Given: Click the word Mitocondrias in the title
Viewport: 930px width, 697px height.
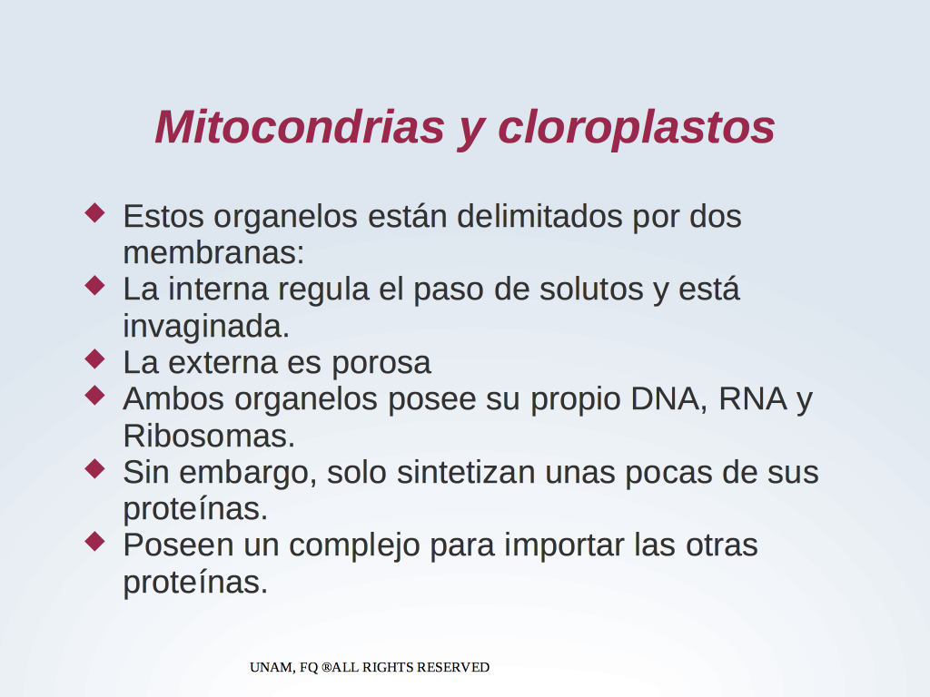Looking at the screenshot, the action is tap(300, 127).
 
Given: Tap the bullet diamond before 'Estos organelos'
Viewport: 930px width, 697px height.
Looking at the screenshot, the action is tap(94, 212).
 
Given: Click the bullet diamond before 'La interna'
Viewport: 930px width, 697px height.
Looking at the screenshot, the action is tap(94, 285).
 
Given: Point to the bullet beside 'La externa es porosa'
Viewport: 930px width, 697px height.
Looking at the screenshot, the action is tap(94, 358).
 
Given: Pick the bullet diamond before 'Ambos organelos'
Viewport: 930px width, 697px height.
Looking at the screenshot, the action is tap(94, 395).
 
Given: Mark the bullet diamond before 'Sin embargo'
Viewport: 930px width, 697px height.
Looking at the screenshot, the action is tap(94, 468).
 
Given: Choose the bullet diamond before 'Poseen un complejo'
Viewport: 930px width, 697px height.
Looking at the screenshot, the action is tap(94, 541).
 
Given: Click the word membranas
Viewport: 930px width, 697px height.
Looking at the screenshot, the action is tap(213, 253).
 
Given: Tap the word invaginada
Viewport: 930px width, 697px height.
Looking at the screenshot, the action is tap(206, 327).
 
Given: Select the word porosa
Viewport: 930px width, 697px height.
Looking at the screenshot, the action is tap(381, 364).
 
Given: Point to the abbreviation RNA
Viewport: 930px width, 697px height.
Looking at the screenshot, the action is tap(753, 398).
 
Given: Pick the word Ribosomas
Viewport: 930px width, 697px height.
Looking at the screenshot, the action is tap(209, 437).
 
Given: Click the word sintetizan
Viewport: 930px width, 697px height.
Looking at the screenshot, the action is tap(466, 472).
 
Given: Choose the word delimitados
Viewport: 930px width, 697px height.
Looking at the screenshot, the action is tap(539, 216).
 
